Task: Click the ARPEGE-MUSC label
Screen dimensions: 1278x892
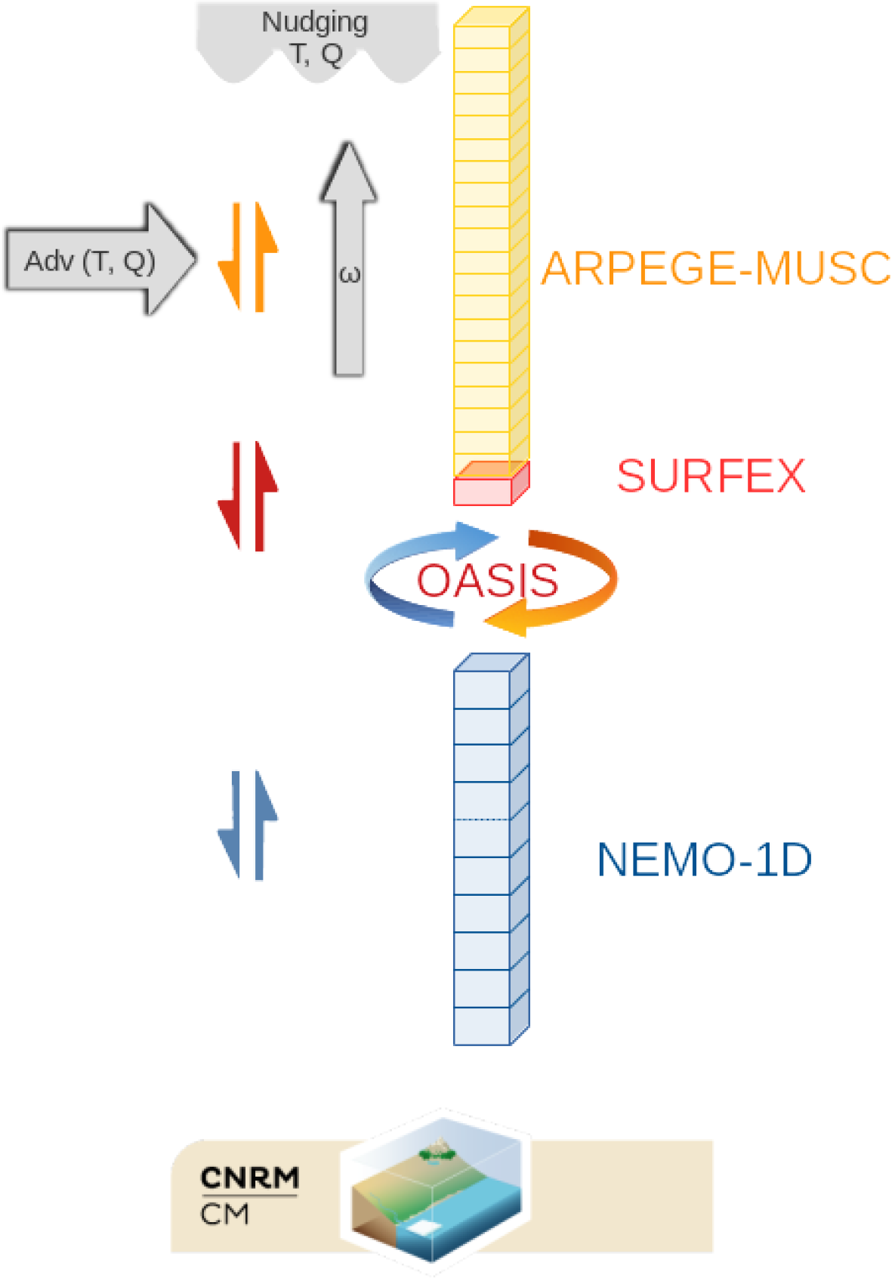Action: [x=715, y=268]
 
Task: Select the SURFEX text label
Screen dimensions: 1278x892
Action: [x=711, y=476]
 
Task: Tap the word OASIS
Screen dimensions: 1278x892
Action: [x=487, y=580]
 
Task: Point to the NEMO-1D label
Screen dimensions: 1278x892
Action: [x=704, y=860]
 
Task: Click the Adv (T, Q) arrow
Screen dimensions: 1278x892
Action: [x=98, y=260]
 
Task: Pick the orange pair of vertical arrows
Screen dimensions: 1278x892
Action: [x=248, y=257]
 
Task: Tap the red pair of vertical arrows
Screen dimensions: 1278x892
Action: [x=248, y=496]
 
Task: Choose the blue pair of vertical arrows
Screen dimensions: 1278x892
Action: [x=248, y=825]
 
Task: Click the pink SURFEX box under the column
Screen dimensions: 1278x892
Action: [x=483, y=490]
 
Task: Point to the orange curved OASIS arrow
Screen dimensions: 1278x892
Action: [x=574, y=589]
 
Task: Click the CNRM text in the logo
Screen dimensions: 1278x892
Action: [x=249, y=1178]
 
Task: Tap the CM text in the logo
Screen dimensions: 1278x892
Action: [x=224, y=1215]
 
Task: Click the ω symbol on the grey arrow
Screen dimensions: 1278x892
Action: [x=349, y=274]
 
